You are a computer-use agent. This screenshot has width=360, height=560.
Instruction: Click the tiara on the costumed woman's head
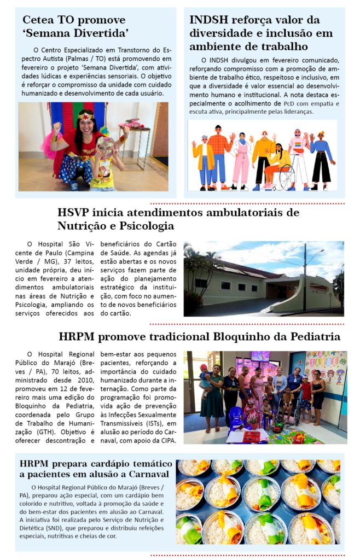pos(85,115)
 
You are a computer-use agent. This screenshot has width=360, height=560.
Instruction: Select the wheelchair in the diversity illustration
pos(283,175)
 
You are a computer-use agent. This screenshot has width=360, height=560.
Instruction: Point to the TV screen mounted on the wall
pos(260,356)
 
